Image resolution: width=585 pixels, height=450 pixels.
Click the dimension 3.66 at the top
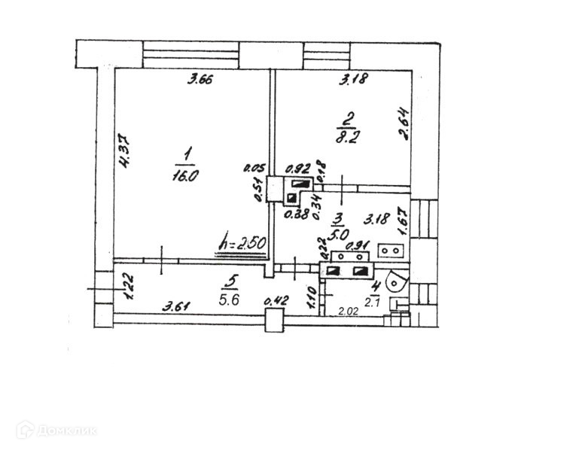(199, 81)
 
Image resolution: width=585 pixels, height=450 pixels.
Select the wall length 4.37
(126, 160)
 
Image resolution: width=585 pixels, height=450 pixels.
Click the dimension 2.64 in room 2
(404, 125)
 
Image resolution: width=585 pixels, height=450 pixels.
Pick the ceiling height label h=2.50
(242, 242)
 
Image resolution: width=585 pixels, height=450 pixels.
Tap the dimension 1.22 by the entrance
(128, 286)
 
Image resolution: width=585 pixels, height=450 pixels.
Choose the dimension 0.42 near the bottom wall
(278, 303)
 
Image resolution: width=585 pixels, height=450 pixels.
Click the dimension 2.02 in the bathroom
(348, 311)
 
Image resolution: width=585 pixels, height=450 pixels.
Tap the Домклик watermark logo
(56, 430)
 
